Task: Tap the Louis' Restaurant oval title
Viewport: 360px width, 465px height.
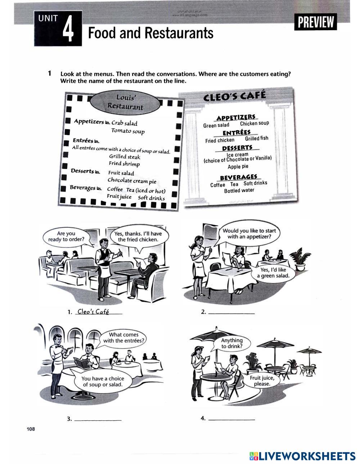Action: tap(125, 102)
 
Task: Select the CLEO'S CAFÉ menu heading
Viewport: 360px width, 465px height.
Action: tap(234, 96)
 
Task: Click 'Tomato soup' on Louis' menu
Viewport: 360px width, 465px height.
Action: tap(128, 131)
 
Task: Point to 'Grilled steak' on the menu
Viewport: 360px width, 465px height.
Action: tap(125, 157)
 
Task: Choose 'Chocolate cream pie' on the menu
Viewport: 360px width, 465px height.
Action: tap(132, 181)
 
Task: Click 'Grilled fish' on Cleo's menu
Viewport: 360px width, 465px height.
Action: tap(256, 138)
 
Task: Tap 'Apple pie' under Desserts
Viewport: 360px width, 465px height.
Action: tap(238, 167)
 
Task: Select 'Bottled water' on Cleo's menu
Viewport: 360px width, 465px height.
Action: tap(239, 190)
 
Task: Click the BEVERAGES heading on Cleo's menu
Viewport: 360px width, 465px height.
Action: tap(239, 177)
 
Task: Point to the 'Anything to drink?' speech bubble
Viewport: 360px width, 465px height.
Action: tap(232, 343)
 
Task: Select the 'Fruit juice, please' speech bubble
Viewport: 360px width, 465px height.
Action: tap(262, 381)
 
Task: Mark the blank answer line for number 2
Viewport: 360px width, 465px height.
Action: tap(231, 313)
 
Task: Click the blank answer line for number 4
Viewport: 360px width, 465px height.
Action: tap(231, 419)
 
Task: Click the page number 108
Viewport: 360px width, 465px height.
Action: tap(31, 429)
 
